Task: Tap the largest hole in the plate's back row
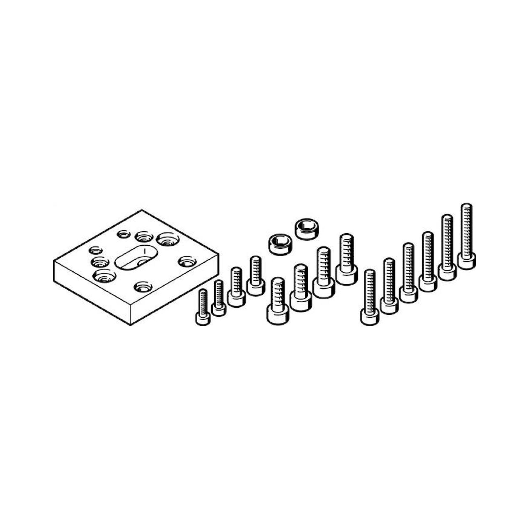click(x=168, y=239)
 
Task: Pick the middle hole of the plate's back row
click(x=145, y=236)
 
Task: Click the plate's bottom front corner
click(x=130, y=325)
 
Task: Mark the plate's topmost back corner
click(x=142, y=210)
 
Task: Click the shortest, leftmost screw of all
click(x=203, y=308)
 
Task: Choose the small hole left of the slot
click(x=95, y=250)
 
